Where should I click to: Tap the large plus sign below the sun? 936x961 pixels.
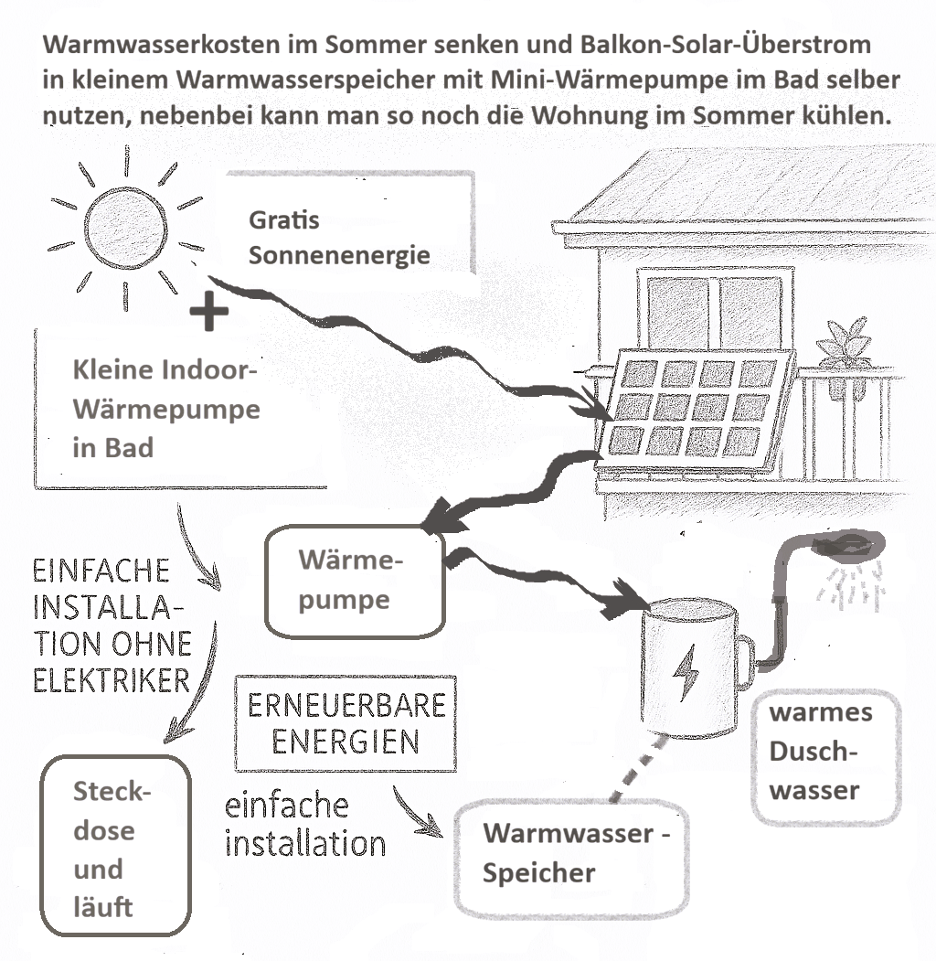(x=209, y=313)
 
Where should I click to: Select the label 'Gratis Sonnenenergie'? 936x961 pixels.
(x=338, y=238)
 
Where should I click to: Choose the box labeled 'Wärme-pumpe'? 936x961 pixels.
(x=354, y=582)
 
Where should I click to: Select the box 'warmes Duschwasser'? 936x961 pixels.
(x=820, y=752)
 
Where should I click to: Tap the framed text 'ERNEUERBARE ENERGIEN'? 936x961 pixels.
(x=345, y=723)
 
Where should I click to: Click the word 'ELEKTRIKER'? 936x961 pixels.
(x=112, y=681)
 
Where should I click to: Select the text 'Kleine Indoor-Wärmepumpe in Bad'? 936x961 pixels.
(x=166, y=410)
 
